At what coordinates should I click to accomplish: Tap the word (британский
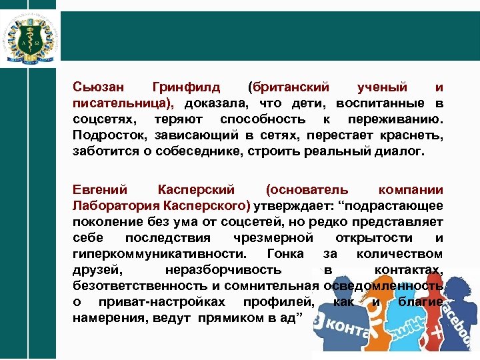pos(288,87)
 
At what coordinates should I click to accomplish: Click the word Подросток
pos(107,135)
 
